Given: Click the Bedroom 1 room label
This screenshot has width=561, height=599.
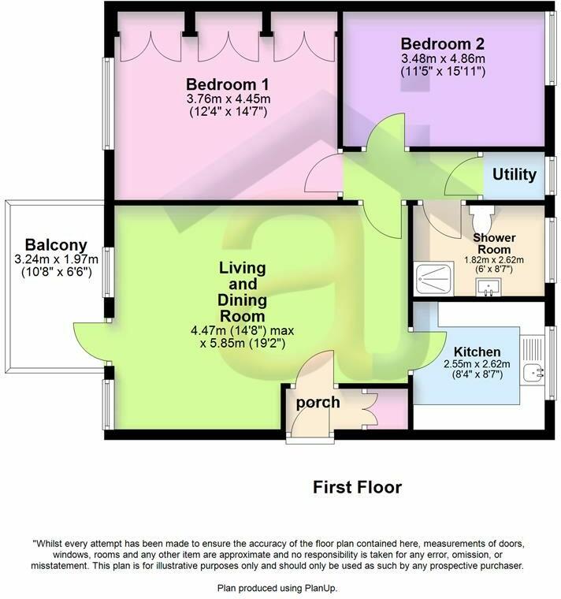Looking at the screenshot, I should coord(221,84).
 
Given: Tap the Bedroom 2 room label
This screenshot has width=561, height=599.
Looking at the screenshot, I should coord(441,43).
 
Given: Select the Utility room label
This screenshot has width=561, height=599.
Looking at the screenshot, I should coord(514,174).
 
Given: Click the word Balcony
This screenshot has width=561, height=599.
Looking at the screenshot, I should coord(55,245).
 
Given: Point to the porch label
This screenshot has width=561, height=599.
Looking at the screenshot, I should coord(318,403).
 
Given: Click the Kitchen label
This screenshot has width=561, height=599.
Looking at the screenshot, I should coord(473,351).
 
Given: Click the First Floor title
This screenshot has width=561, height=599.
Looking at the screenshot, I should coord(356,488).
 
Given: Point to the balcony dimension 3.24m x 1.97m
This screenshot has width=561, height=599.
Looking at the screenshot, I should coord(55,259).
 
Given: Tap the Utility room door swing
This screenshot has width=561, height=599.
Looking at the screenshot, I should coord(464,177).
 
